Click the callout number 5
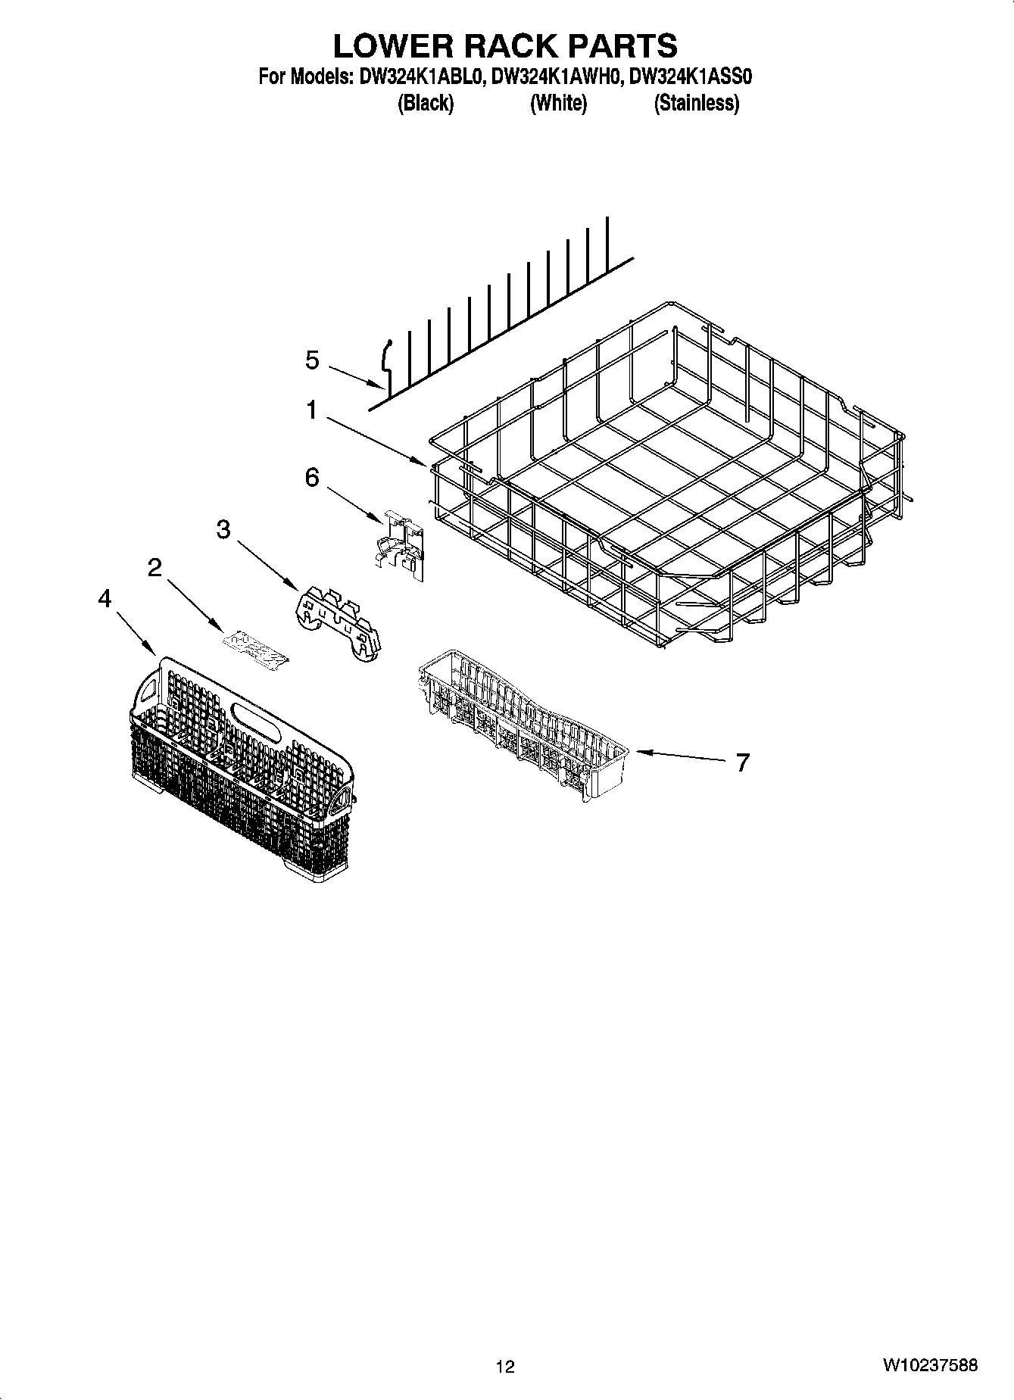[x=313, y=360]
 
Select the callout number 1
[x=311, y=410]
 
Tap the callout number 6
[x=312, y=478]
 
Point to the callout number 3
[x=223, y=529]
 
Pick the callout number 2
[x=155, y=567]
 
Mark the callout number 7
[x=742, y=762]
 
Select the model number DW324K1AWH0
[x=557, y=76]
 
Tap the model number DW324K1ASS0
[x=691, y=76]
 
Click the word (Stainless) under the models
[x=696, y=103]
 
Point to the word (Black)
[x=425, y=103]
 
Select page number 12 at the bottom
[x=505, y=1366]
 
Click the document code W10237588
[x=930, y=1365]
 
